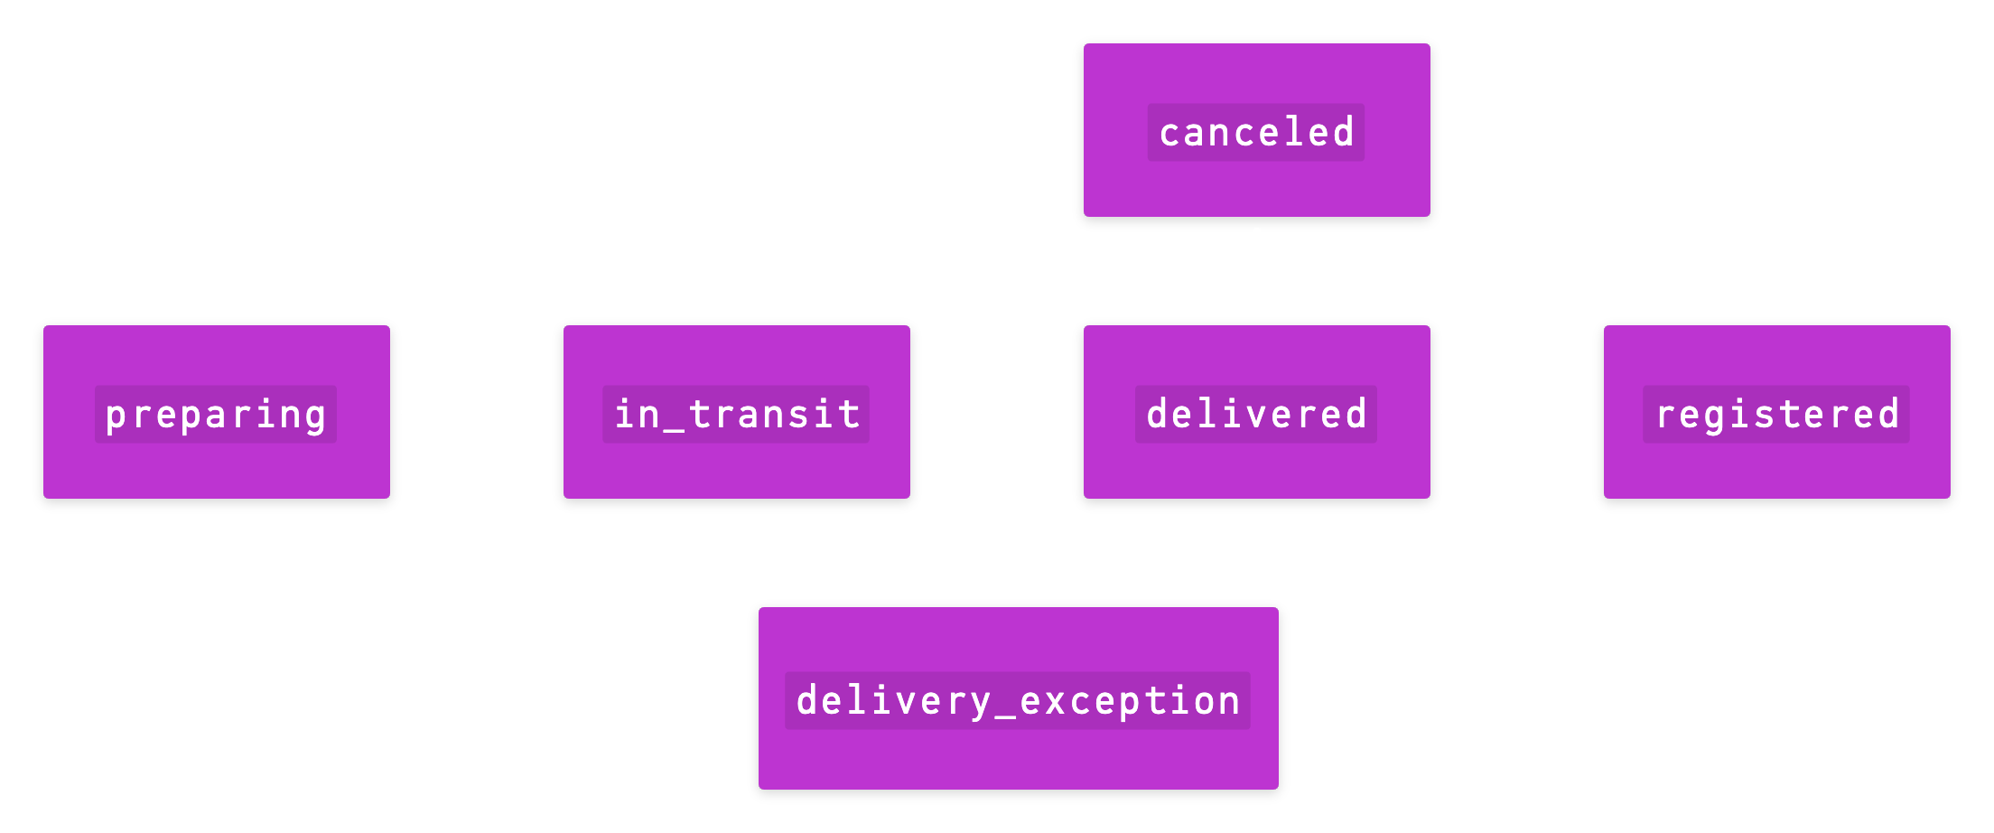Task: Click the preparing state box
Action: [x=217, y=470]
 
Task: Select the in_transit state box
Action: [x=737, y=470]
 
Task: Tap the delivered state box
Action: [x=1256, y=470]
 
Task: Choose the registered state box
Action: [x=1776, y=470]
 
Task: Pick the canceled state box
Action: [x=1256, y=185]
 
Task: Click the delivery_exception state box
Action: [x=1018, y=759]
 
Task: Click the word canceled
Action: [x=1256, y=133]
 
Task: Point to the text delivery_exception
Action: [x=1018, y=701]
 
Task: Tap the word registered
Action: [x=1776, y=415]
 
